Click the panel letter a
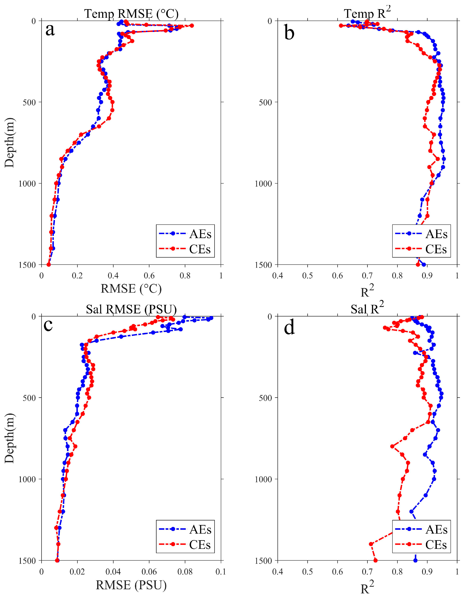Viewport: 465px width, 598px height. click(50, 30)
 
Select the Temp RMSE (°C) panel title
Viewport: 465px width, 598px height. click(131, 13)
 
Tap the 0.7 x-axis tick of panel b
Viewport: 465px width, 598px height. click(367, 276)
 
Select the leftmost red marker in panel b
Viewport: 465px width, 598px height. click(341, 26)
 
